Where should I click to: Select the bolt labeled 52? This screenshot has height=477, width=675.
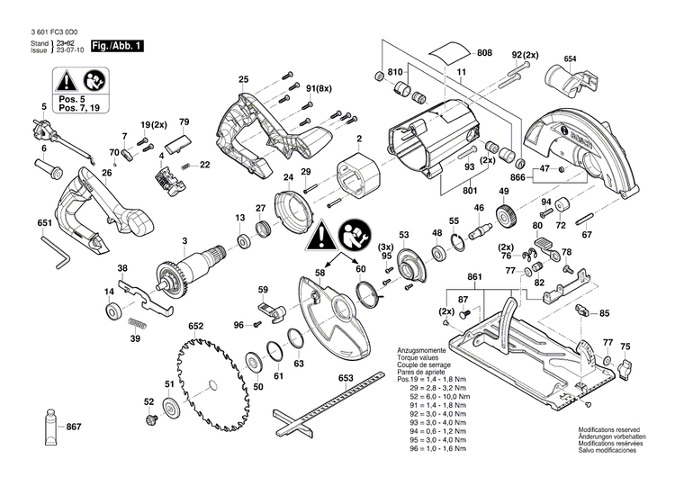[x=148, y=418]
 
